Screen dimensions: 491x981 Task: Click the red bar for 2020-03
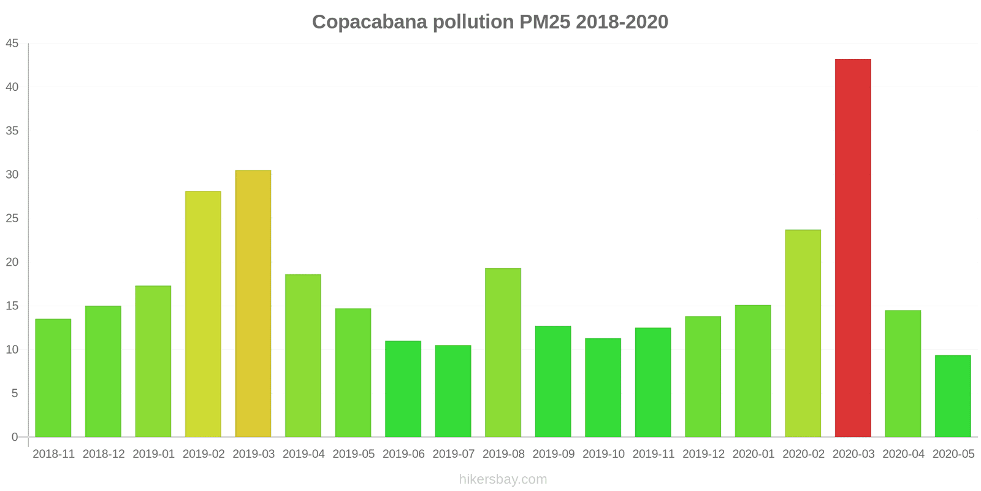853,248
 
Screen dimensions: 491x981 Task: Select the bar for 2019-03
253,304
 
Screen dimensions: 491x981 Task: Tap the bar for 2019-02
203,314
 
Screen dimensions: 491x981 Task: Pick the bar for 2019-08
503,353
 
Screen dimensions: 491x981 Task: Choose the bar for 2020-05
953,396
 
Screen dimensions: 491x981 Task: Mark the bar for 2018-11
53,378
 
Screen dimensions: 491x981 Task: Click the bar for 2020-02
803,333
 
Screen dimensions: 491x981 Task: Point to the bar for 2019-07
453,391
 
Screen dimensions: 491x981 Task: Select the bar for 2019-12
703,377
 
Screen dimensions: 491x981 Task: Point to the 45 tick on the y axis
12,44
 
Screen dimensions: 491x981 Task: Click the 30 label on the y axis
12,175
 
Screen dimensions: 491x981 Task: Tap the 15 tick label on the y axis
12,306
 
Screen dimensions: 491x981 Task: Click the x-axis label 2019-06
403,454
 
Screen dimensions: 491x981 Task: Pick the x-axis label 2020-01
753,454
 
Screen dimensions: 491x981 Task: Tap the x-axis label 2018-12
104,454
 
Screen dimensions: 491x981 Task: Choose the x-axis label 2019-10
603,454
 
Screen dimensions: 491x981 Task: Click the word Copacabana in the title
370,22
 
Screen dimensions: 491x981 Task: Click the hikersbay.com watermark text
503,479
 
